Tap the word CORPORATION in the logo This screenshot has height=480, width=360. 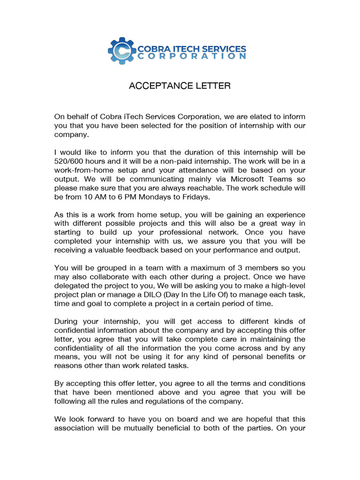tap(192, 56)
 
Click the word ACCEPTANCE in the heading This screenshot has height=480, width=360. tap(154, 86)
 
